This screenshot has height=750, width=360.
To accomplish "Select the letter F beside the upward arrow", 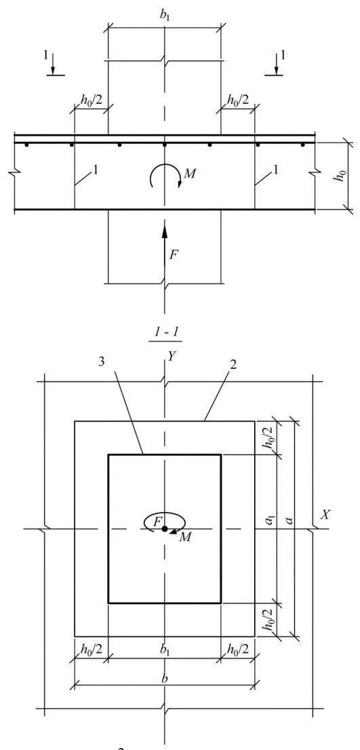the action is pos(174,255).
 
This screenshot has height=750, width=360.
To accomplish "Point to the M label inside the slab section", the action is pos(189,174).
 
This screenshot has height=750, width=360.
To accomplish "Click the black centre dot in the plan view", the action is pos(165,529).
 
